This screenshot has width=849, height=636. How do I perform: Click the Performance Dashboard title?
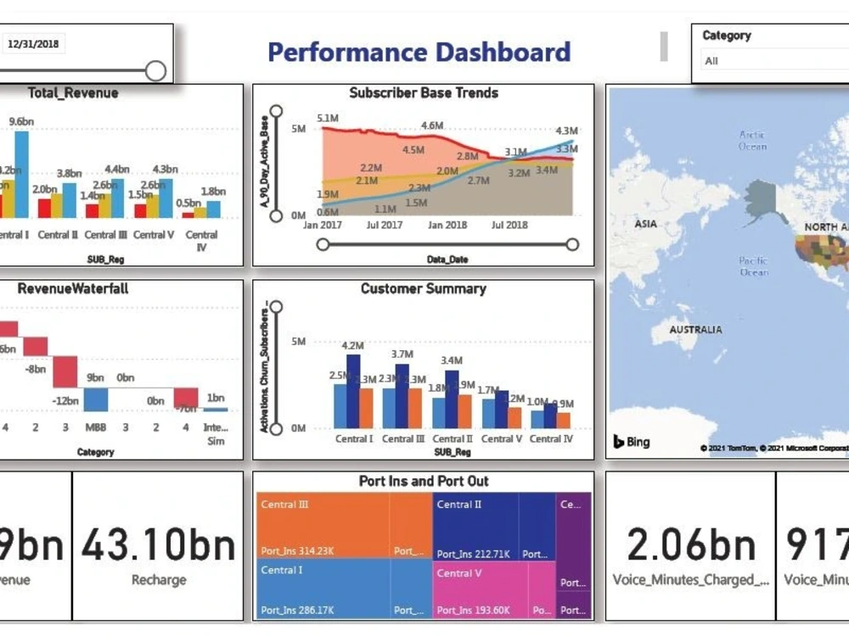(419, 52)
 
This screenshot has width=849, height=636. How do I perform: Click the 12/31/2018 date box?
(34, 44)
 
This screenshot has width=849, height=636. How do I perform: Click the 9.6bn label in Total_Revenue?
(21, 121)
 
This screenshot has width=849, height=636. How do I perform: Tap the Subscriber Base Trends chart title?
(424, 93)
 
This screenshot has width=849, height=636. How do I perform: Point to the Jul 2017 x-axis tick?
(384, 226)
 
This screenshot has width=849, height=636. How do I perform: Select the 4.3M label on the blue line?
(566, 131)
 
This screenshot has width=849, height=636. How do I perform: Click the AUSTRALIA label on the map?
(695, 330)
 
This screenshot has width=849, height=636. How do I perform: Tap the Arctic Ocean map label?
(752, 141)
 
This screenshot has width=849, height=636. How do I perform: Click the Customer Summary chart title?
(423, 289)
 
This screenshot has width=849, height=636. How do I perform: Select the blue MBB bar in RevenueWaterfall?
(95, 399)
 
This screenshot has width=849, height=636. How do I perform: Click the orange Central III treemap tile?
(322, 526)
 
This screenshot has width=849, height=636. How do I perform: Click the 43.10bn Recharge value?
(158, 544)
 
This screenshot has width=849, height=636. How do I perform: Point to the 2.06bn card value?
(690, 544)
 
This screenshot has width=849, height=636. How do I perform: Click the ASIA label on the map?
(645, 225)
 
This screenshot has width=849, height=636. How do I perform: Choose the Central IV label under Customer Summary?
(551, 439)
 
